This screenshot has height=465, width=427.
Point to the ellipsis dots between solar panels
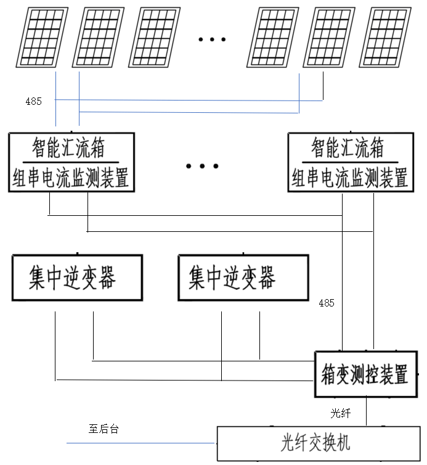click(x=212, y=39)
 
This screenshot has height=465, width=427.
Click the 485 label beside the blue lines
click(x=33, y=101)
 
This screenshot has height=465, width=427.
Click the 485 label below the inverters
click(x=327, y=303)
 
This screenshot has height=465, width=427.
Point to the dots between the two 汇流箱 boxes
click(x=202, y=166)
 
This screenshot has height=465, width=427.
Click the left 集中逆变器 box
click(x=76, y=278)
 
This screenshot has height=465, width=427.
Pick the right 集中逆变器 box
click(x=243, y=278)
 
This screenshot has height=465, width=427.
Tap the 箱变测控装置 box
click(x=364, y=374)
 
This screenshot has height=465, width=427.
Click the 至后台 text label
click(x=103, y=429)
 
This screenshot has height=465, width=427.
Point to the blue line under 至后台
click(x=142, y=443)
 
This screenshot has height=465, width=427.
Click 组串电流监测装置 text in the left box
click(x=71, y=179)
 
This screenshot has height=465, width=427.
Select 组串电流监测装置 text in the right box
click(x=349, y=179)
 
